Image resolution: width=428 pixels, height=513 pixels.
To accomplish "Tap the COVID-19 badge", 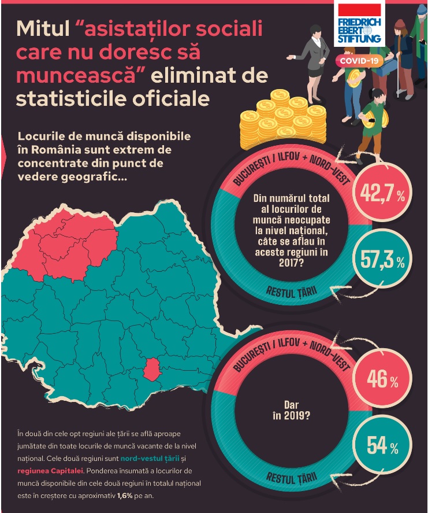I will point(359,61).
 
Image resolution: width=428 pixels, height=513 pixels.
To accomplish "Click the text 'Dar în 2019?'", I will point(296,409).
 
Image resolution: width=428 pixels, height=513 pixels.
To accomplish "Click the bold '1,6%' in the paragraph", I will point(125,496).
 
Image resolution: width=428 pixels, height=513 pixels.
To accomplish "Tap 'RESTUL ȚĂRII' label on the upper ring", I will point(292,290).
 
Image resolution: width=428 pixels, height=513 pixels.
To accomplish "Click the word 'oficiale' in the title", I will point(171,98).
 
